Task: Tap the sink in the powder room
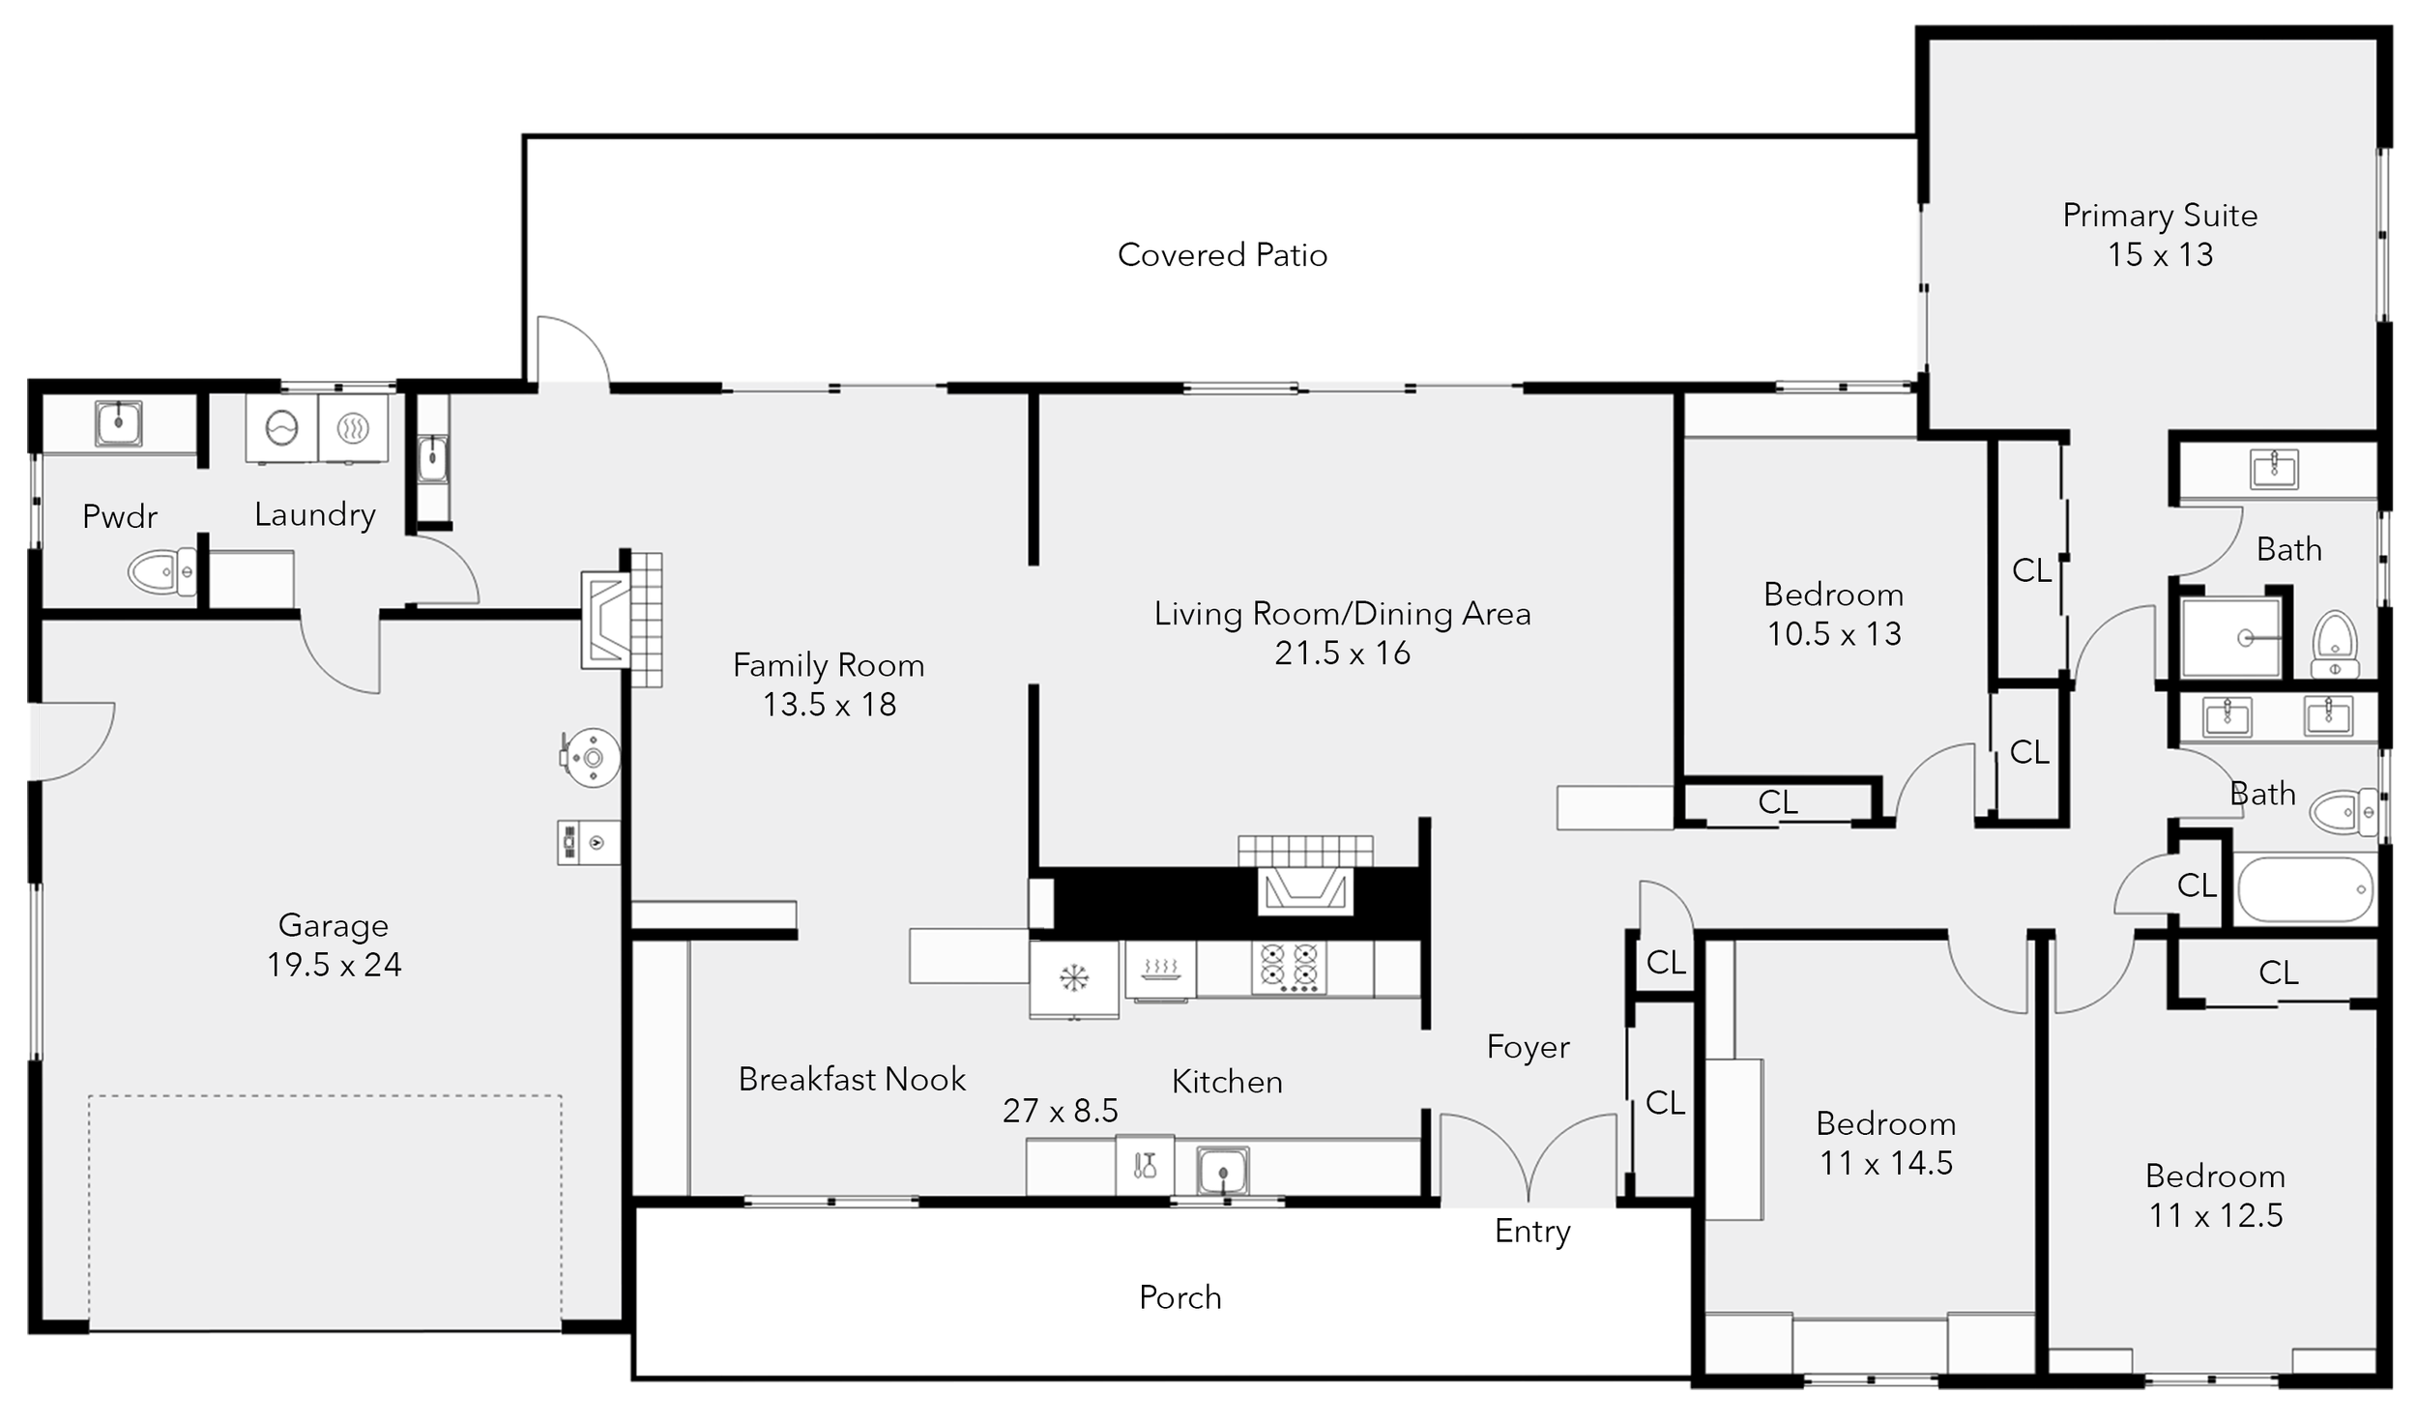[x=119, y=422]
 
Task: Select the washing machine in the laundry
[x=281, y=427]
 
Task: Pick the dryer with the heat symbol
[x=353, y=427]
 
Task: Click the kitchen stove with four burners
[x=1288, y=968]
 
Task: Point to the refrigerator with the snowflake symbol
[x=1073, y=978]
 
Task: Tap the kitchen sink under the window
[x=1222, y=1170]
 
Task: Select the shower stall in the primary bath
[x=2231, y=637]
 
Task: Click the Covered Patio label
[x=1222, y=254]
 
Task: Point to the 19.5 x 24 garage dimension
[x=335, y=965]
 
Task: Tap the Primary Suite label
[x=2160, y=215]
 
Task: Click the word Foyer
[x=1528, y=1046]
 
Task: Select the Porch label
[x=1180, y=1296]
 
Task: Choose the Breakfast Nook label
[x=852, y=1078]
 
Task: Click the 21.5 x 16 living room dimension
[x=1342, y=653]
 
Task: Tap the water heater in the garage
[x=593, y=757]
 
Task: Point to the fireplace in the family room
[x=621, y=620]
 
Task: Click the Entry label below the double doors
[x=1532, y=1232]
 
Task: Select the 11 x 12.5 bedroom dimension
[x=2216, y=1215]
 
